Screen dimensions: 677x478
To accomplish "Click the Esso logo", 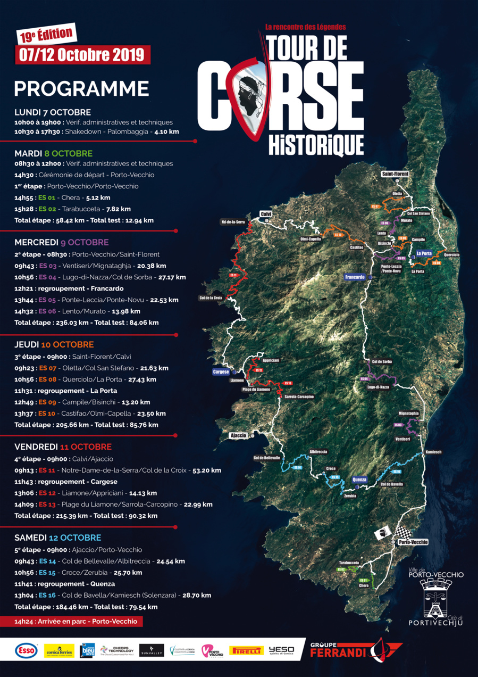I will point(26,650).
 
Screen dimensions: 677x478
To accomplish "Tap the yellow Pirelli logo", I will point(246,650).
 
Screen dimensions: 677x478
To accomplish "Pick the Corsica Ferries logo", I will point(59,650).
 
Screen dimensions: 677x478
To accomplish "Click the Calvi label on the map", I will point(266,214).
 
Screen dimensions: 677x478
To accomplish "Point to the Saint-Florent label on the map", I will point(395,174).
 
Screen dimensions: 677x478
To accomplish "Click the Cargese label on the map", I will point(220,372).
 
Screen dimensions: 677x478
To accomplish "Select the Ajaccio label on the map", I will point(238,435).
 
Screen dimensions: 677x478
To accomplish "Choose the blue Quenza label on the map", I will point(359,479).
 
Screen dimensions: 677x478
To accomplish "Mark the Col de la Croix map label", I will point(210,298).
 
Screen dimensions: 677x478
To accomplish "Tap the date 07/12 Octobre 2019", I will point(82,54).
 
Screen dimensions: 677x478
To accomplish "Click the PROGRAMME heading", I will point(81,88).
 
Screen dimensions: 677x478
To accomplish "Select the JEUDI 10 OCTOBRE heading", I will point(54,344).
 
